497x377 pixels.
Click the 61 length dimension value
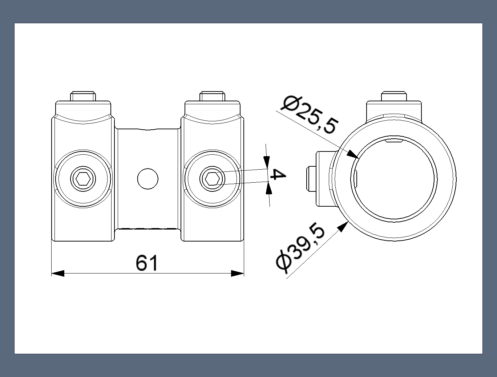point(147,263)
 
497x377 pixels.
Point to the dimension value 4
point(278,175)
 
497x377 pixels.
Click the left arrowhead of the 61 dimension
point(58,273)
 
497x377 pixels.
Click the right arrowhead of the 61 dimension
point(237,273)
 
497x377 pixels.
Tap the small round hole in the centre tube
point(148,179)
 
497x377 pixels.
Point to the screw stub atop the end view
point(393,96)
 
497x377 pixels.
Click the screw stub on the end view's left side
point(312,179)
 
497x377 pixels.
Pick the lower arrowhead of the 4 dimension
point(268,188)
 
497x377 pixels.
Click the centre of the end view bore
point(395,179)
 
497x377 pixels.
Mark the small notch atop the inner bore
point(394,141)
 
